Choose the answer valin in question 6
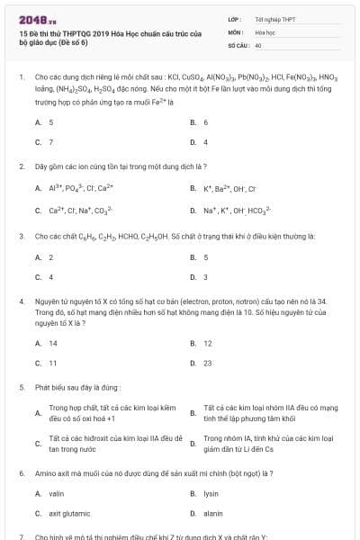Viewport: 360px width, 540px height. [56, 494]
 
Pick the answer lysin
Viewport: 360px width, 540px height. [211, 494]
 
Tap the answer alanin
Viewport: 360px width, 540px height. [212, 513]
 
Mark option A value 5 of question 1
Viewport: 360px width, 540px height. [51, 122]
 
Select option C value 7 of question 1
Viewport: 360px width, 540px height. [51, 142]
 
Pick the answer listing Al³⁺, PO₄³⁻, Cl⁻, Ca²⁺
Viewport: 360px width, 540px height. [81, 188]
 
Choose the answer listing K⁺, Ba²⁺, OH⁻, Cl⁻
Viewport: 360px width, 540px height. [230, 188]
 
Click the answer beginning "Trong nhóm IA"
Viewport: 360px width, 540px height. [261, 443]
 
